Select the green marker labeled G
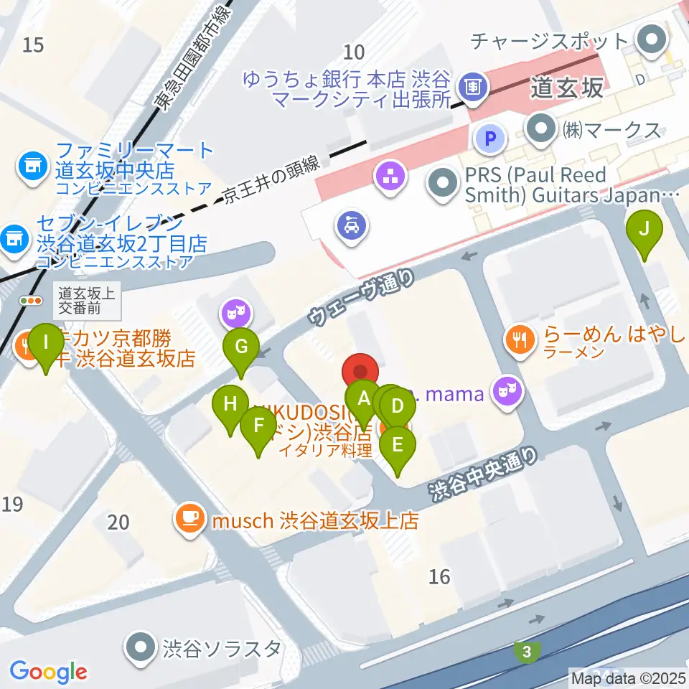241,347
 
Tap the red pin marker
360,373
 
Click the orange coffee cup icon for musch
190,518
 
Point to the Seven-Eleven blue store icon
13,236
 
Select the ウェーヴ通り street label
362,296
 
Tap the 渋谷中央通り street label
483,473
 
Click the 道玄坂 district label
567,88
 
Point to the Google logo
48,672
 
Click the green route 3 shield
528,652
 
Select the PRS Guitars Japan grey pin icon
444,184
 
